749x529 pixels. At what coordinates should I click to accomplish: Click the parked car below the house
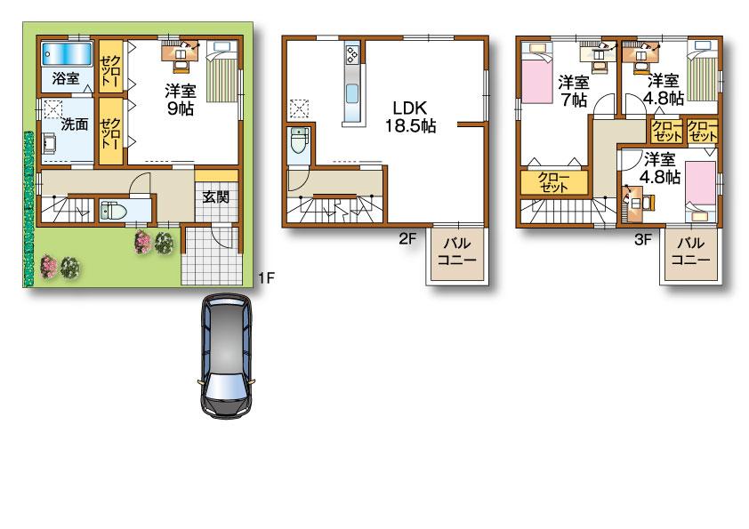tap(226, 356)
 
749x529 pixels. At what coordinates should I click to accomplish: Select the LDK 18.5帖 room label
tap(409, 116)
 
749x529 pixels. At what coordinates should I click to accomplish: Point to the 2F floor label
tap(407, 238)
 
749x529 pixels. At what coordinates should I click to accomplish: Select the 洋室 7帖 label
tap(574, 91)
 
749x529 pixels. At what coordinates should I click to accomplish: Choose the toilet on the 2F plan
tap(298, 142)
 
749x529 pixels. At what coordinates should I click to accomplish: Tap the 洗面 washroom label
tap(74, 124)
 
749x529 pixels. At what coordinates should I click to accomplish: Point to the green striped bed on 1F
tap(222, 78)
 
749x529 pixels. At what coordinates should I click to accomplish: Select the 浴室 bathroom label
tap(65, 78)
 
